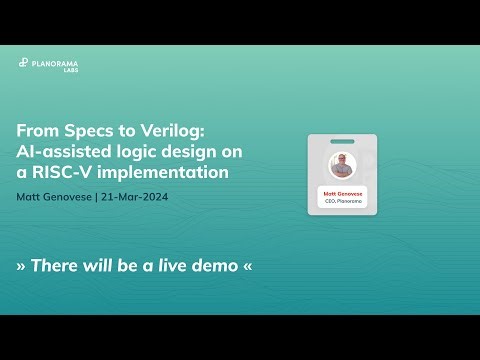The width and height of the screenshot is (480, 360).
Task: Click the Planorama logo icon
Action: (23, 63)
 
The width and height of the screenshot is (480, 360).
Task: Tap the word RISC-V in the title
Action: (70, 172)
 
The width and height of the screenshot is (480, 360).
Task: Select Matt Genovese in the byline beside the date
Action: (54, 197)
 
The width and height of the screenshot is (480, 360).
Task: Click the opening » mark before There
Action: (22, 267)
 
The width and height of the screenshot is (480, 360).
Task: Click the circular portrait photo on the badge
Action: (343, 166)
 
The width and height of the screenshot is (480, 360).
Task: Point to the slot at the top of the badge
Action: (343, 140)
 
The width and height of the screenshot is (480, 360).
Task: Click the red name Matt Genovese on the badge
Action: (343, 193)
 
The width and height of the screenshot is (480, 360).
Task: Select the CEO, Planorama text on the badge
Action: (343, 202)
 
